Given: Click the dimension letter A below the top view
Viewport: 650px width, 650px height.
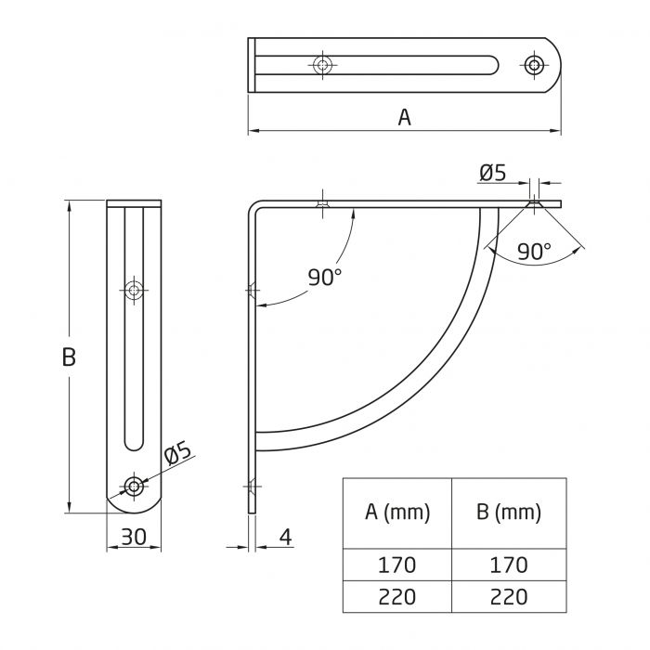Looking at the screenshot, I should click(404, 117).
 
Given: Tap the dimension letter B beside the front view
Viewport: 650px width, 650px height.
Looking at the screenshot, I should click(68, 357).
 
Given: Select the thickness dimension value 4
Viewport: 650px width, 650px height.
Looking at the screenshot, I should click(285, 536).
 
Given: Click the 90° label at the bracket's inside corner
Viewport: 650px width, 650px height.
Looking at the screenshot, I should click(325, 276).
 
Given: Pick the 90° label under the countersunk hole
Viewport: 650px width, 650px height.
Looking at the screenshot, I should click(534, 250).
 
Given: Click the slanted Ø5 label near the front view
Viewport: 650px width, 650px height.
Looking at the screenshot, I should click(176, 455).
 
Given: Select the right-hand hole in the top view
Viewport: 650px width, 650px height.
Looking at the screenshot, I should click(534, 65).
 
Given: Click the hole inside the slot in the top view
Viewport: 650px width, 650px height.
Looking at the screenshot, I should click(322, 65).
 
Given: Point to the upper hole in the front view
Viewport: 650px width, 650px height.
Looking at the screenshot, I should click(136, 291).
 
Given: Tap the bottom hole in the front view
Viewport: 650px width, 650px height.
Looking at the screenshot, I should click(136, 486).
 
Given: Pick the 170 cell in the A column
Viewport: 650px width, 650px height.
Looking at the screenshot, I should click(397, 565).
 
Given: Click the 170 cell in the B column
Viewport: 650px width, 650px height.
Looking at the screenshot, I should click(508, 565).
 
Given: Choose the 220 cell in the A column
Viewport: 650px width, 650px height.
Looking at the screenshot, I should click(397, 596).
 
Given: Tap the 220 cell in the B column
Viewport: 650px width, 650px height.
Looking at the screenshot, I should click(508, 596).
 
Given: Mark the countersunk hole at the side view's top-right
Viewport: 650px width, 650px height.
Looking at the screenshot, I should click(533, 202).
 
